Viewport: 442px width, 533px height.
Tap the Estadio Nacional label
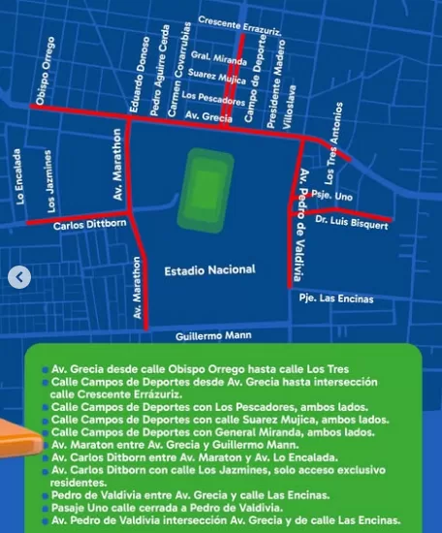(209, 269)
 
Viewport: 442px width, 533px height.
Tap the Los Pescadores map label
(211, 96)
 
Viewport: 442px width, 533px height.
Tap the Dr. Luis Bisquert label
(352, 224)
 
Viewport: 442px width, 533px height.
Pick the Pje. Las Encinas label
(336, 298)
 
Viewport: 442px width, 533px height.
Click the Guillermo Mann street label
(213, 335)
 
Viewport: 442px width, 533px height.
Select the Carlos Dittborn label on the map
(89, 226)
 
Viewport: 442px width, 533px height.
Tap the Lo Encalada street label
(20, 177)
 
